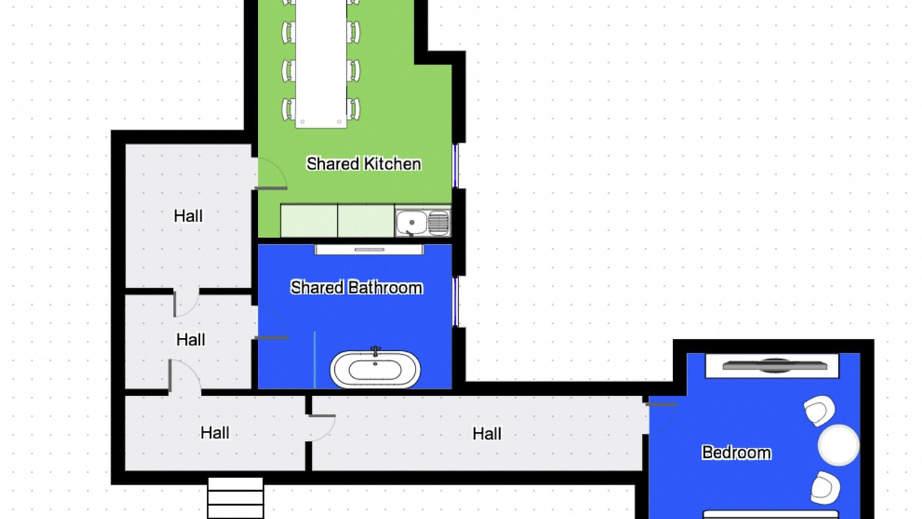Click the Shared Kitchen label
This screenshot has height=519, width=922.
[x=364, y=164]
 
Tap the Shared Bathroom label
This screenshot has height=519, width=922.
[x=357, y=288]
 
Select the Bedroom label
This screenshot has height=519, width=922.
[x=736, y=453]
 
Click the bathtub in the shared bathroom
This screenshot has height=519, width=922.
[x=375, y=369]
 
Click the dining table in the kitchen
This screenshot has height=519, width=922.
[x=321, y=62]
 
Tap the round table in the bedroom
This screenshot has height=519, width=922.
[x=838, y=445]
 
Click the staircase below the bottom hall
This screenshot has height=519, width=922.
[x=236, y=498]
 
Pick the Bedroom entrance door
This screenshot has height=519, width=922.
[x=661, y=418]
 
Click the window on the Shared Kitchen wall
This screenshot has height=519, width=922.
[x=455, y=166]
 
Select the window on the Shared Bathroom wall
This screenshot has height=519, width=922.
[x=455, y=302]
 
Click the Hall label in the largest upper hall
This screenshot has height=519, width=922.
[x=188, y=216]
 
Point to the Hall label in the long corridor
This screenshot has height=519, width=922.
[x=487, y=434]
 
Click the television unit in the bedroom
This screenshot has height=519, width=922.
[x=772, y=365]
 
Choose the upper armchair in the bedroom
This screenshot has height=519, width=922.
[x=819, y=411]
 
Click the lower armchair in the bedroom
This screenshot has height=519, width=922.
[x=825, y=488]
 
